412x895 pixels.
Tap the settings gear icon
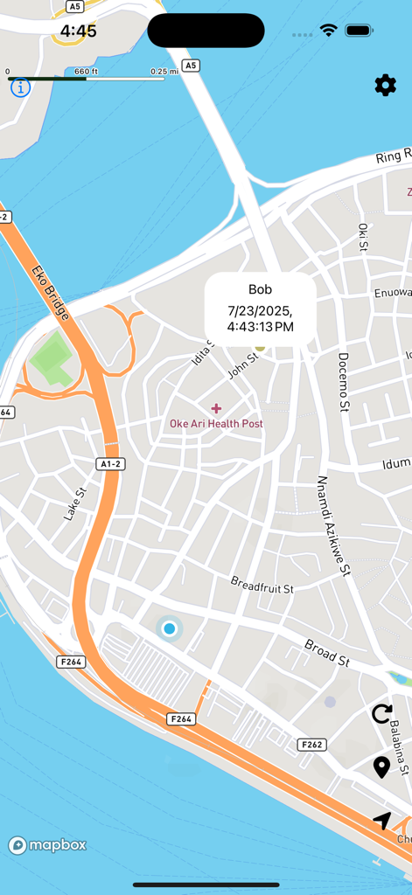coord(385,85)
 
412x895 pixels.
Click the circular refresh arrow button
coord(381,714)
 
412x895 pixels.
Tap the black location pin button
coord(381,767)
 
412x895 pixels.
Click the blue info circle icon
coord(20,87)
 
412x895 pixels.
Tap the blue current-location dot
coord(169,628)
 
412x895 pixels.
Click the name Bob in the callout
coord(261,289)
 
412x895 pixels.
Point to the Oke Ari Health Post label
coord(216,424)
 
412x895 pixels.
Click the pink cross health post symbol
coord(216,408)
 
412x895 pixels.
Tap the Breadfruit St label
coord(262,585)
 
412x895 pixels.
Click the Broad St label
coord(327,652)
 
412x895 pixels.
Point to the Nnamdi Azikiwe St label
coord(333,526)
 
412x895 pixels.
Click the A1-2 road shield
coord(109,464)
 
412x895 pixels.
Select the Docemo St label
coord(343,381)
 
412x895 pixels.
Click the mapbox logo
coord(48,845)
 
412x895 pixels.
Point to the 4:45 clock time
coord(79,31)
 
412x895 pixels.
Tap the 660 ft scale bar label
coord(86,72)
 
